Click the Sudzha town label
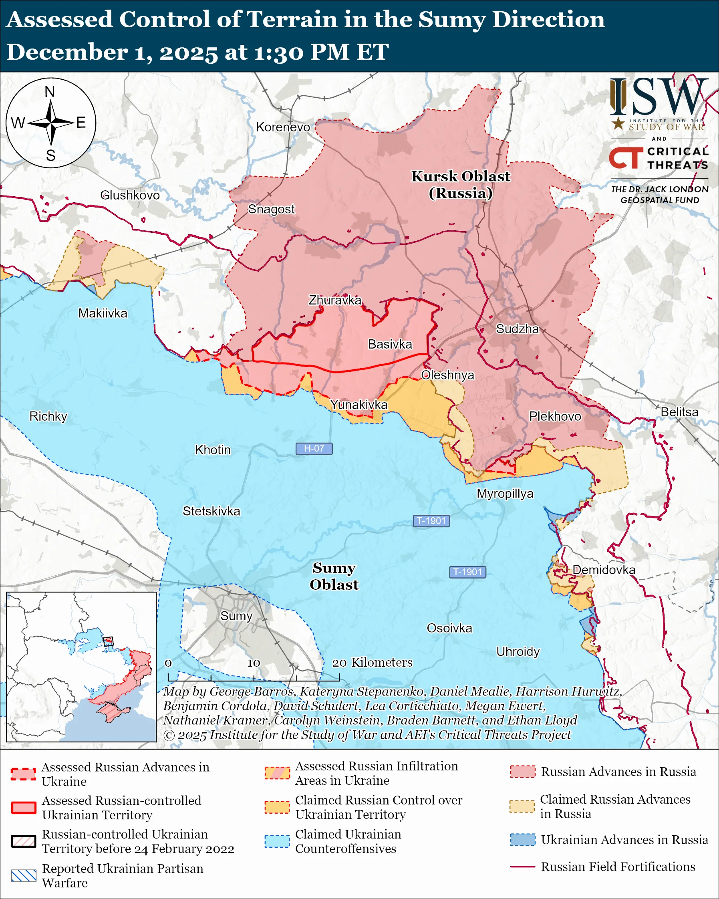[x=517, y=329]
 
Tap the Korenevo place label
[x=283, y=127]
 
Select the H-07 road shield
[x=314, y=448]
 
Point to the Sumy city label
[x=236, y=616]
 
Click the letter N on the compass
[x=50, y=92]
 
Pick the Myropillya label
[x=505, y=493]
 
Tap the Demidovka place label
[x=604, y=570]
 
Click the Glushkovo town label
[x=130, y=195]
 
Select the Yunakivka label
[x=358, y=405]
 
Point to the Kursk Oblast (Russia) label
[x=461, y=185]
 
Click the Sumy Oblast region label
[x=334, y=576]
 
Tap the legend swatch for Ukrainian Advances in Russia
[x=523, y=839]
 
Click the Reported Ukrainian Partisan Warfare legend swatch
[x=24, y=876]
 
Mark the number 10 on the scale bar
[x=254, y=663]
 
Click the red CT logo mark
[x=626, y=158]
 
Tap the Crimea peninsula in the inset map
[x=112, y=712]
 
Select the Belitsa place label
[x=679, y=412]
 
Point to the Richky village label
[x=48, y=416]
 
